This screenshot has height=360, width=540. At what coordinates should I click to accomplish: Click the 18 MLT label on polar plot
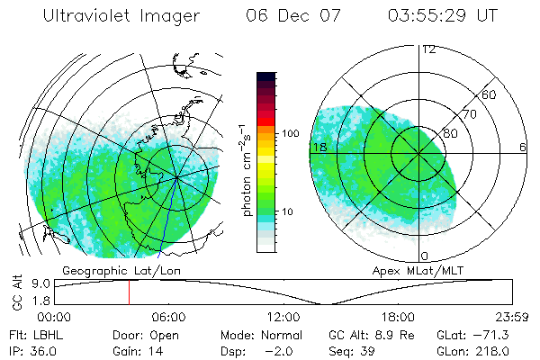point(318,147)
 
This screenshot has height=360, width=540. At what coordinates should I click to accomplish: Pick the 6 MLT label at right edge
point(523,147)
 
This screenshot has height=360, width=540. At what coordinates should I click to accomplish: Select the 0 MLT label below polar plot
point(424,256)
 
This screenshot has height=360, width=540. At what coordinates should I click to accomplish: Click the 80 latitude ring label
point(451,133)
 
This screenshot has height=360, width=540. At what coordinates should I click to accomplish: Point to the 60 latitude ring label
point(490,94)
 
